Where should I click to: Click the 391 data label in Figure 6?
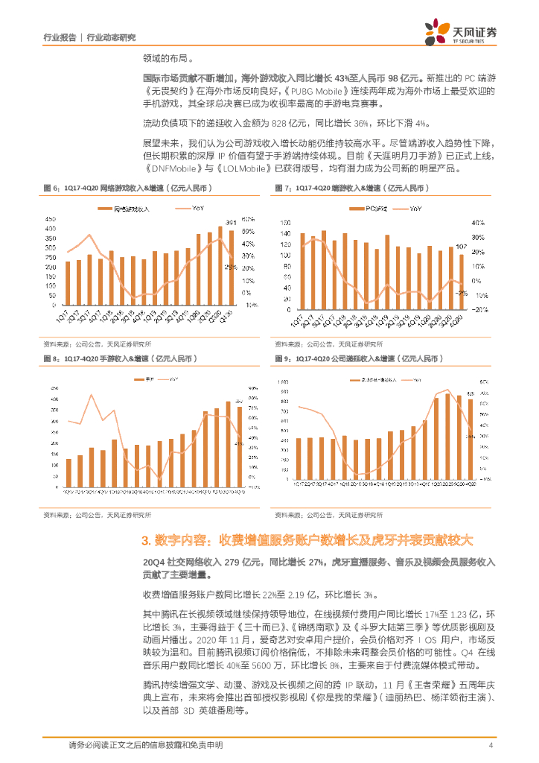231,222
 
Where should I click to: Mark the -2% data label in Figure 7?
462,293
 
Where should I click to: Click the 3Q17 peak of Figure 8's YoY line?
92,394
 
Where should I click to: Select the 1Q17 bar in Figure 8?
68,472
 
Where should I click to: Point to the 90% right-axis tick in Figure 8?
252,387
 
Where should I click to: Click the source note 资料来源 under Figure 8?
54,514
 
